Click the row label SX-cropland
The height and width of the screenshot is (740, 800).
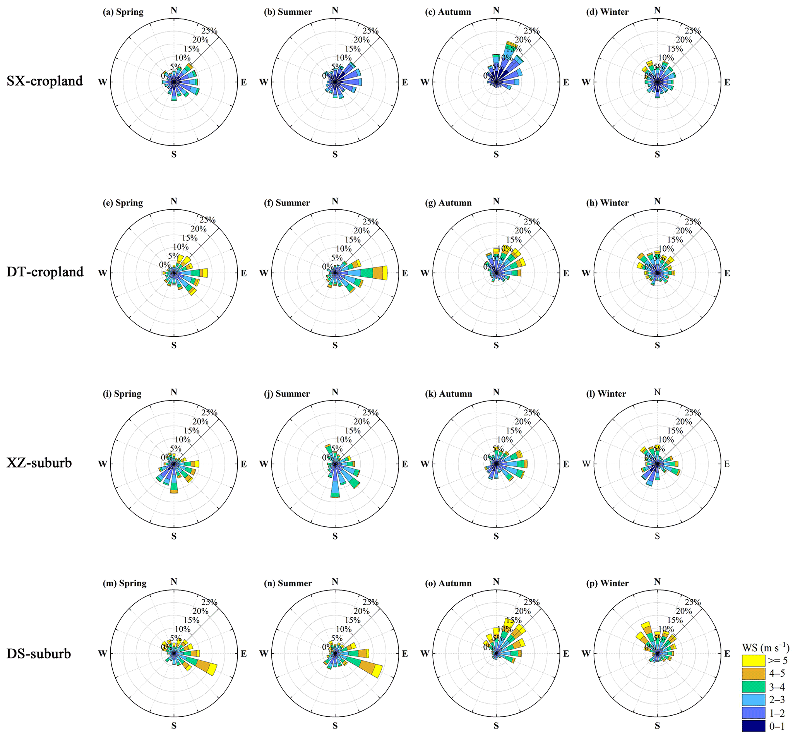(x=45, y=81)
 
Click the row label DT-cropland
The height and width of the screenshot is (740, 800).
(x=45, y=272)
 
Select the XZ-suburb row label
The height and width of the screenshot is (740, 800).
(x=39, y=463)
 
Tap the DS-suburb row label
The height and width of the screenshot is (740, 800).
(x=39, y=654)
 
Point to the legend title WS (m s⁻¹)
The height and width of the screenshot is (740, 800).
(x=766, y=647)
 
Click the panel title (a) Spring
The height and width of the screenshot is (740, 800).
(x=123, y=12)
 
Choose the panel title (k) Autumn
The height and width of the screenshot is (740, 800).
(x=449, y=394)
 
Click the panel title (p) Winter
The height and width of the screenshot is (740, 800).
(x=607, y=583)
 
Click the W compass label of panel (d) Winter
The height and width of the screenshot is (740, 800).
(x=586, y=82)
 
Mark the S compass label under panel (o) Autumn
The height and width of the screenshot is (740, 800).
(x=496, y=726)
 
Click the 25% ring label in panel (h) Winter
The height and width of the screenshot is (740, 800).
(x=692, y=221)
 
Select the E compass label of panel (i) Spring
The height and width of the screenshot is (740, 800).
(x=243, y=464)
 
